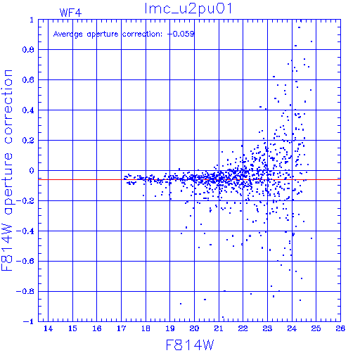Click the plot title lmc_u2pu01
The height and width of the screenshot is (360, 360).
[x=188, y=9]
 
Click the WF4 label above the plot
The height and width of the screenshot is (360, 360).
[x=70, y=13]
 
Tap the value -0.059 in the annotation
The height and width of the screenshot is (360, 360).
[x=181, y=34]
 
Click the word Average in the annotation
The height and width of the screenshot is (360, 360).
[x=68, y=34]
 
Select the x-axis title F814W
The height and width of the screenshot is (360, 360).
[x=190, y=345]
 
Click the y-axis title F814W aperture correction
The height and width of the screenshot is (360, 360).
[x=7, y=170]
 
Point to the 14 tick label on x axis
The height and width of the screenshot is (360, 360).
[x=48, y=328]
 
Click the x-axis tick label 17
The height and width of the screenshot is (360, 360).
[x=121, y=328]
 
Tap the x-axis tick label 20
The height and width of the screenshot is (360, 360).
[x=194, y=328]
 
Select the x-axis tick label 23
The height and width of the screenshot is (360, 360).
[x=267, y=328]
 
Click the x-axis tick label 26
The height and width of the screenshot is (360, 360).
[x=340, y=328]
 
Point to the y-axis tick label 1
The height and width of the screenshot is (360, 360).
[x=32, y=20]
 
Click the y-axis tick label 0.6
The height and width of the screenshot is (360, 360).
[x=28, y=80]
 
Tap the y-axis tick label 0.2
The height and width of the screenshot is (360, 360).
[x=28, y=141]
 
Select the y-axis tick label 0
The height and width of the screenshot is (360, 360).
[x=32, y=171]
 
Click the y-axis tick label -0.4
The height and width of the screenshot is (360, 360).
[x=25, y=231]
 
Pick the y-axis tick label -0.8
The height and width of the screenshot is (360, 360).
[x=25, y=292]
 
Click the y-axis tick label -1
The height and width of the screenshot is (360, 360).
[x=28, y=321]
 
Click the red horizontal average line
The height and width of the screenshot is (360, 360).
[x=189, y=179]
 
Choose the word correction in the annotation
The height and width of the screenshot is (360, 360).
[x=142, y=34]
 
